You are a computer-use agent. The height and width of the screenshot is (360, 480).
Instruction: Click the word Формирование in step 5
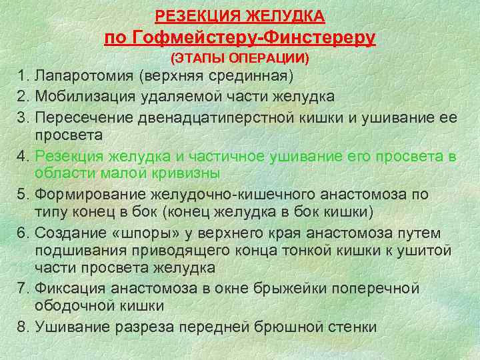87,194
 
